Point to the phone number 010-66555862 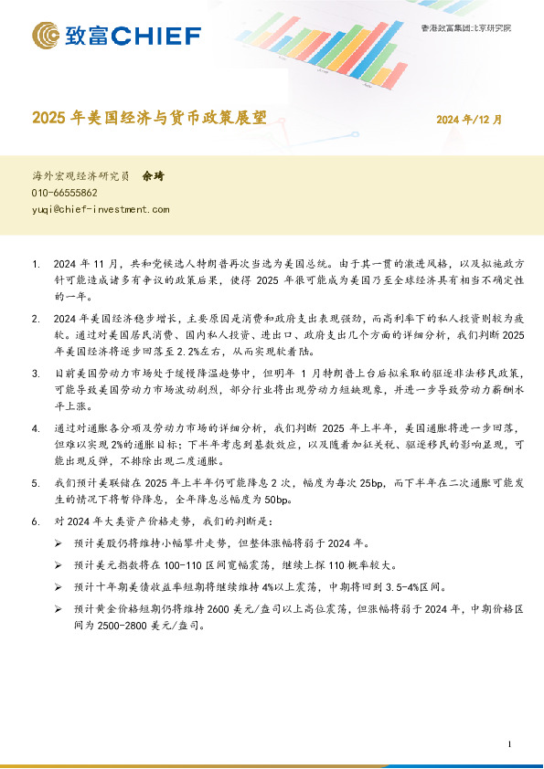coord(65,194)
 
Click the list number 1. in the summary coord(36,264)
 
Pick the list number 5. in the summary coord(36,483)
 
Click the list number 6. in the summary coord(36,521)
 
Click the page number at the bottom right coord(507,746)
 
